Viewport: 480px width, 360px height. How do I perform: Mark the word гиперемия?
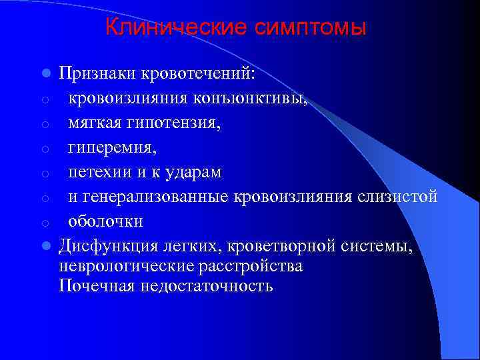coord(111,148)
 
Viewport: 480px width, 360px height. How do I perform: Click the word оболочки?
coord(106,221)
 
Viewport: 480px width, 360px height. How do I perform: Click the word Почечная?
coord(95,286)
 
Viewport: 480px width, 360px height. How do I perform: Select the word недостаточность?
coord(204,286)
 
